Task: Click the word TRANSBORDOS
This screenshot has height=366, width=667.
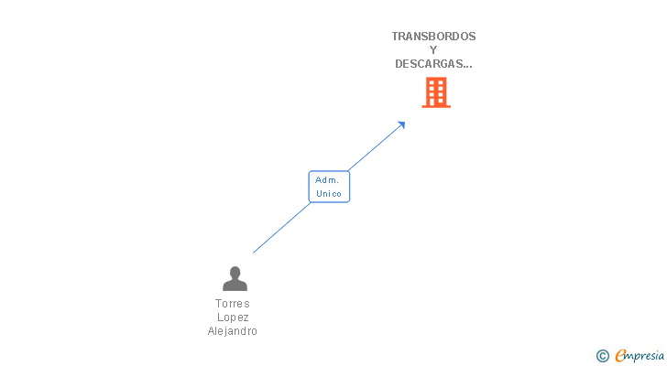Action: (x=433, y=37)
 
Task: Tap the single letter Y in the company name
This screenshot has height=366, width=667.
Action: (x=433, y=50)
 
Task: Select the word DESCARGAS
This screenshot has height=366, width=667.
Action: (x=431, y=64)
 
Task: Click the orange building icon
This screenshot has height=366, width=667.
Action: (x=436, y=92)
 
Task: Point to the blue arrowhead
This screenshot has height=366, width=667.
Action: (x=401, y=125)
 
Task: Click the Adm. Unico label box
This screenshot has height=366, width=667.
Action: (x=329, y=187)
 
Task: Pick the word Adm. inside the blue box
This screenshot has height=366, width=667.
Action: (x=327, y=180)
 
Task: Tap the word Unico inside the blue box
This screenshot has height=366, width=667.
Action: (x=329, y=194)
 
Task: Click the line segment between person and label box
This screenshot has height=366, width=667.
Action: (x=281, y=228)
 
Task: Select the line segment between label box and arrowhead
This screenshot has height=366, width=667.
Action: (x=375, y=148)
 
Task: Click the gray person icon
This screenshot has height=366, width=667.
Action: (x=235, y=278)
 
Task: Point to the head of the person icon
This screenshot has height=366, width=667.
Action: (x=235, y=272)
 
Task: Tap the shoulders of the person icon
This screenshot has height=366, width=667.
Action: (x=235, y=285)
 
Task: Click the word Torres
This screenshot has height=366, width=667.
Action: (x=233, y=304)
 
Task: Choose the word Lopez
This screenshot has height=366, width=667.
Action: (x=233, y=318)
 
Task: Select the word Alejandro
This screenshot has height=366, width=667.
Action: (x=233, y=330)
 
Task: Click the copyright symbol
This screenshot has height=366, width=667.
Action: (x=602, y=356)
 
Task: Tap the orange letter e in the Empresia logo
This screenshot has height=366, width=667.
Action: (x=620, y=355)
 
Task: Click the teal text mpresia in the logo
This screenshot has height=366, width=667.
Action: (x=645, y=356)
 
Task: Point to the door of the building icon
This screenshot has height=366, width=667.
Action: (x=432, y=102)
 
